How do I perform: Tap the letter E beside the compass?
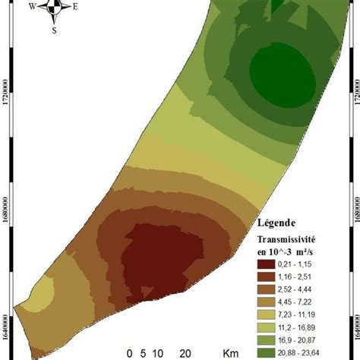tap(76, 7)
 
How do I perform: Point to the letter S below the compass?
tap(54, 31)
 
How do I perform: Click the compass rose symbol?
tap(54, 9)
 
